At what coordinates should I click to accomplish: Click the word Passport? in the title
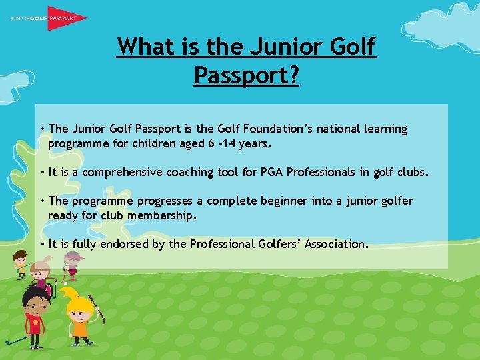(246, 75)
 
